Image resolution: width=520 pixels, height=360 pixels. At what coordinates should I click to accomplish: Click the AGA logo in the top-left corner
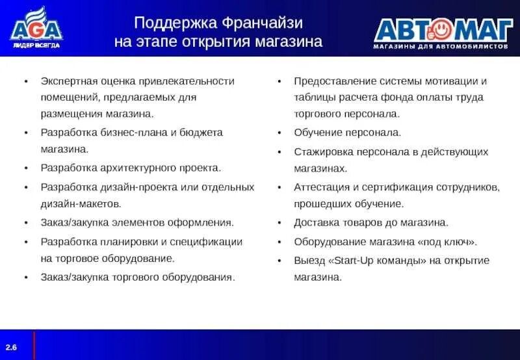click(36, 27)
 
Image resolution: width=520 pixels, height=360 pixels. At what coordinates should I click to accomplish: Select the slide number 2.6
click(12, 348)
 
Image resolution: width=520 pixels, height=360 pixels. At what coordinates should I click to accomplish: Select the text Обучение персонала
click(347, 132)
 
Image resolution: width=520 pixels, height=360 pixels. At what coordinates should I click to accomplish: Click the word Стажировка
click(323, 151)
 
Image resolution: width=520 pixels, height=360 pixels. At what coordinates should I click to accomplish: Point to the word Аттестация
click(322, 186)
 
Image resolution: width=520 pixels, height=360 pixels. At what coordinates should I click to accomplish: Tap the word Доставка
click(317, 222)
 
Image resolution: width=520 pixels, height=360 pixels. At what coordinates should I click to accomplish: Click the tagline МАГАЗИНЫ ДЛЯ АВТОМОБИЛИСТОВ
click(440, 47)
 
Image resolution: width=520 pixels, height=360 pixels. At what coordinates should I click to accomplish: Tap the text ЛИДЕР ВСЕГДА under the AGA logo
click(36, 45)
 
